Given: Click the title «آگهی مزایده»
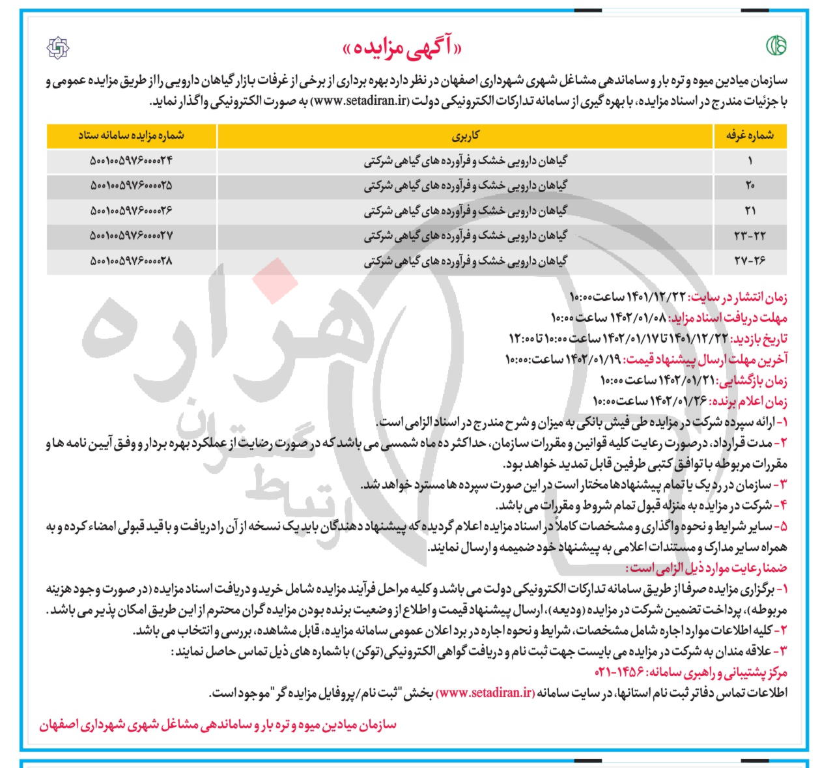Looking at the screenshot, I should coord(410,48).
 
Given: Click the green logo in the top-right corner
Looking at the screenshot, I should coord(775,46).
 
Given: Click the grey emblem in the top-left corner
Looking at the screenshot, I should coord(59,48).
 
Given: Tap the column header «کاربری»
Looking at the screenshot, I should coord(466,135).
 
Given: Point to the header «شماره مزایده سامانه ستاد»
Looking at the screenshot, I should coord(131,135).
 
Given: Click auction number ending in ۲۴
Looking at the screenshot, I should coord(131,160).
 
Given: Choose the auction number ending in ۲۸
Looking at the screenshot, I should coord(131,261).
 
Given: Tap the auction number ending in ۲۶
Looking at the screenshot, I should coord(131,210).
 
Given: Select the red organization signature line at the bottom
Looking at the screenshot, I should coord(218,725).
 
